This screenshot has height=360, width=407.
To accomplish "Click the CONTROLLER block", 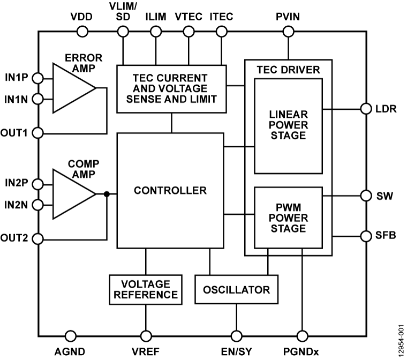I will click(x=170, y=190).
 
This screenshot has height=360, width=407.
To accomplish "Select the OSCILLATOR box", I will click(x=236, y=289).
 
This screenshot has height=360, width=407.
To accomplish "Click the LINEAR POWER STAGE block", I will click(x=288, y=126).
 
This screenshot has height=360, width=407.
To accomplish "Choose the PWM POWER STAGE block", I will click(x=288, y=217).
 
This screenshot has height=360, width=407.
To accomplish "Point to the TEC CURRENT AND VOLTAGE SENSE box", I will click(x=170, y=89).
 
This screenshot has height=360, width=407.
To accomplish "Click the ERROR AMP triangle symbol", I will click(x=71, y=88).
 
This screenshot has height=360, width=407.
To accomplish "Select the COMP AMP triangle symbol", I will click(x=71, y=194).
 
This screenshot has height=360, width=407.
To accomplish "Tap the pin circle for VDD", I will click(x=82, y=32).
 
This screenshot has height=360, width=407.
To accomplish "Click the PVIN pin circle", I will click(x=289, y=32).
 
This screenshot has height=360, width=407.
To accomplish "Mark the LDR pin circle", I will click(x=366, y=109).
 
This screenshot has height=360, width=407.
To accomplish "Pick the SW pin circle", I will click(x=366, y=196).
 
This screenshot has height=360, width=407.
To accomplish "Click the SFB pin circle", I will click(x=366, y=235).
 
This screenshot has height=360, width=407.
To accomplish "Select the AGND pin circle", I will click(x=70, y=335).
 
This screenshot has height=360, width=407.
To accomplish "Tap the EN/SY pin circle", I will click(x=236, y=335).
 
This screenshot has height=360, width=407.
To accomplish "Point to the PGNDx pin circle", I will click(x=302, y=335).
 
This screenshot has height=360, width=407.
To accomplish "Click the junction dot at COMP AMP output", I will click(x=107, y=194).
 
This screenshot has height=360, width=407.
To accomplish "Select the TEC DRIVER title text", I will click(x=288, y=69).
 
